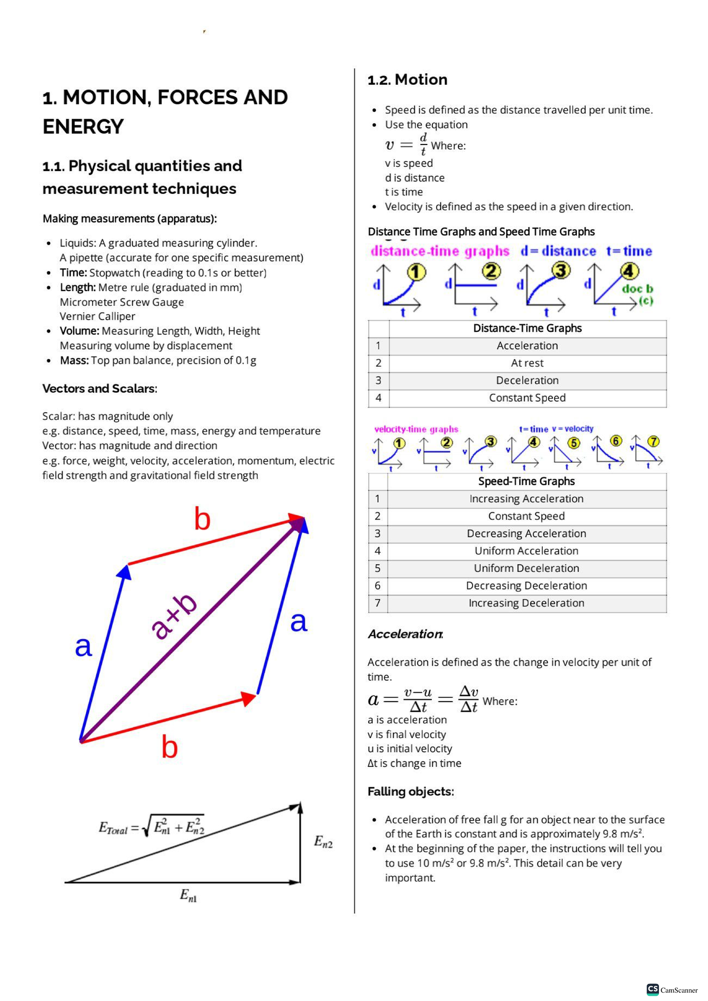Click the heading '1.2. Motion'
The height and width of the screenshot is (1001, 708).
pos(407,80)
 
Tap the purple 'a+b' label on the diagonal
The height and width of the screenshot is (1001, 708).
pos(173,617)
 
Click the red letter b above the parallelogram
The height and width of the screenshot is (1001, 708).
pos(202,519)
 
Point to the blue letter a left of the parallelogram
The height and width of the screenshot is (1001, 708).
pos(83,646)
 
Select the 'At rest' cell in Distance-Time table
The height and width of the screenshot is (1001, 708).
pos(527,363)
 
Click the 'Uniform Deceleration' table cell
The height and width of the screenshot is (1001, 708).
pos(526,568)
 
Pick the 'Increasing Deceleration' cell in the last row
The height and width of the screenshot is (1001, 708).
pos(526,603)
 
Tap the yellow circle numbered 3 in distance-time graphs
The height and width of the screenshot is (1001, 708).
pos(561,271)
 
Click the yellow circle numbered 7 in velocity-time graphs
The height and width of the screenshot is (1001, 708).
pos(653,442)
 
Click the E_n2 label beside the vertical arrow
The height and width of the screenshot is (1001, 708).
pos(323,841)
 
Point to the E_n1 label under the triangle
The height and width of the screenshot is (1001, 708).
pos(188,895)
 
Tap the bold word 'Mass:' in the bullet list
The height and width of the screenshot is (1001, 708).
pos(74,360)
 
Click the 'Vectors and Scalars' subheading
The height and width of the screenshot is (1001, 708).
pos(100,388)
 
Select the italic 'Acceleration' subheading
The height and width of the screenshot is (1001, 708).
pos(405,634)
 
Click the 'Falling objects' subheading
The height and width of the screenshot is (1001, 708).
pos(411,791)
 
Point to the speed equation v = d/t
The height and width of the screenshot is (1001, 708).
pos(407,144)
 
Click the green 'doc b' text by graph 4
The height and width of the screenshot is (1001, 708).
pos(637,289)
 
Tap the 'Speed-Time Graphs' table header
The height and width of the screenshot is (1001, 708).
pos(526,481)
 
